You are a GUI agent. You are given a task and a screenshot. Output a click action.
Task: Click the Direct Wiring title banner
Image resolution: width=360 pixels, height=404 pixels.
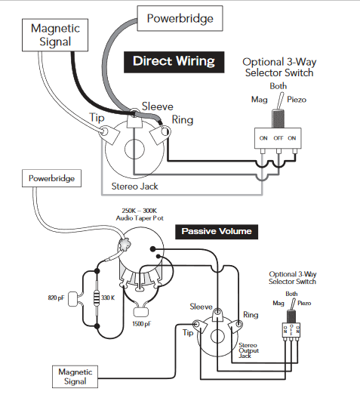[174, 62]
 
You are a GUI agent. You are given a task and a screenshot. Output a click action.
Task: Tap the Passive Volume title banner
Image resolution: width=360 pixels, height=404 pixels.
[217, 232]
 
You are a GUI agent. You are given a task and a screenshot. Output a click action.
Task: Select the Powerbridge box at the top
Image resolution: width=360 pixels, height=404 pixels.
[180, 19]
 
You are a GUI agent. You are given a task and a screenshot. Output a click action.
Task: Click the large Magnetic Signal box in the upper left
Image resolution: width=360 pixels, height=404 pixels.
[55, 35]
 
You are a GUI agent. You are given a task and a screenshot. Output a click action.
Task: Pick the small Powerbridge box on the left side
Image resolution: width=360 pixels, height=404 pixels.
[52, 178]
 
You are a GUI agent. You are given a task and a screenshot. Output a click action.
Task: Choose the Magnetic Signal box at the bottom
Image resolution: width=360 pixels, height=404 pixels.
[75, 376]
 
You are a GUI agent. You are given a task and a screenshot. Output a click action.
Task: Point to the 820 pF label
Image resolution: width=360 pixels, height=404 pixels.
[56, 298]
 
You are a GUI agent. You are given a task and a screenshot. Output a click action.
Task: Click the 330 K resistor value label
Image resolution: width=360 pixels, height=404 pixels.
[108, 298]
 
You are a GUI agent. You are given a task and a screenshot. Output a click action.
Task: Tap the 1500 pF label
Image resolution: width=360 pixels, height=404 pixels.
[142, 324]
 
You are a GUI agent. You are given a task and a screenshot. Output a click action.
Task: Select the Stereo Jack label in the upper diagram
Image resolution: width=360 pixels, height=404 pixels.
[134, 187]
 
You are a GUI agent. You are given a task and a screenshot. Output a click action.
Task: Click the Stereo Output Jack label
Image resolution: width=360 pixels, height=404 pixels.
[248, 350]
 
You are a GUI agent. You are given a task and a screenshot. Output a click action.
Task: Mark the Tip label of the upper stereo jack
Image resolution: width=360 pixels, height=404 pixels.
[97, 118]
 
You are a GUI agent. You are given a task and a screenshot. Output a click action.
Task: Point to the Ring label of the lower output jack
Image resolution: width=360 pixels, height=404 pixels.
[251, 315]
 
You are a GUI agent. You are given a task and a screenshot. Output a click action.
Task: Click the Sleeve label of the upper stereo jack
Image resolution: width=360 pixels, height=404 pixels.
[158, 106]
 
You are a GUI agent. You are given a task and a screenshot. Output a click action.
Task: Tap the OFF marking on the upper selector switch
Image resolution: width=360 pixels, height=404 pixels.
[278, 138]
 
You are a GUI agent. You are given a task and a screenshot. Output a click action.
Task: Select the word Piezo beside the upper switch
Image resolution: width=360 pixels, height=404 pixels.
[297, 100]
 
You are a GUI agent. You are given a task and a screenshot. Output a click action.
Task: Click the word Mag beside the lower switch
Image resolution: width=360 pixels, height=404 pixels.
[278, 304]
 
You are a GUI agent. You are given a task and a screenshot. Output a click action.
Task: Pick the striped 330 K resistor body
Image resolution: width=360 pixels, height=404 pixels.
[97, 298]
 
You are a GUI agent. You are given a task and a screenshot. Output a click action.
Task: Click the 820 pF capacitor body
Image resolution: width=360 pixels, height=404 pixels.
[73, 299]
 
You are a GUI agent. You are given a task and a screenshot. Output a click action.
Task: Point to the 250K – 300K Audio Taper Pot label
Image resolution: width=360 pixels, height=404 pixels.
[140, 214]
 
